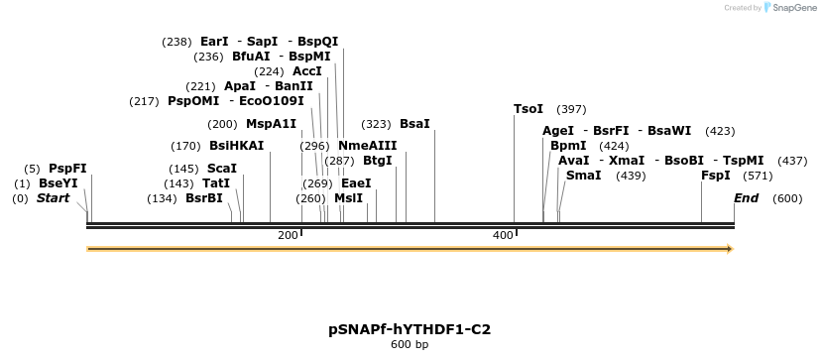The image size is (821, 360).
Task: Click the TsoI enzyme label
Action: tap(528, 109)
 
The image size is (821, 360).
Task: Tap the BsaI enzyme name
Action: tap(414, 124)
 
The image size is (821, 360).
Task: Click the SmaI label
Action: tap(583, 176)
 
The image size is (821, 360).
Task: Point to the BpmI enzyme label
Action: tap(568, 146)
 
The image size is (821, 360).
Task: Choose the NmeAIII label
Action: tap(367, 146)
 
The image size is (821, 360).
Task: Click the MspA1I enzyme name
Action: tap(271, 124)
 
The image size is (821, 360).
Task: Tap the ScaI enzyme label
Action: tap(221, 169)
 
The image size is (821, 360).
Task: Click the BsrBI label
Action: tap(204, 198)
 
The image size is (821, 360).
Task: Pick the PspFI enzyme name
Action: tap(67, 169)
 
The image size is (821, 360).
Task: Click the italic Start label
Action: tap(53, 198)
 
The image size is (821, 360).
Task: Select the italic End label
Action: tap(746, 198)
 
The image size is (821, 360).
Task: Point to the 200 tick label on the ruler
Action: tap(288, 235)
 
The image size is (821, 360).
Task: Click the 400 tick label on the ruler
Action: tap(503, 235)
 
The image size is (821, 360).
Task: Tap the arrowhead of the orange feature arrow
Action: tap(729, 249)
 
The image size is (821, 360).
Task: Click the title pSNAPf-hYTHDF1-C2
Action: tap(410, 328)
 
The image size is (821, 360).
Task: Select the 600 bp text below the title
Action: tap(410, 345)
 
